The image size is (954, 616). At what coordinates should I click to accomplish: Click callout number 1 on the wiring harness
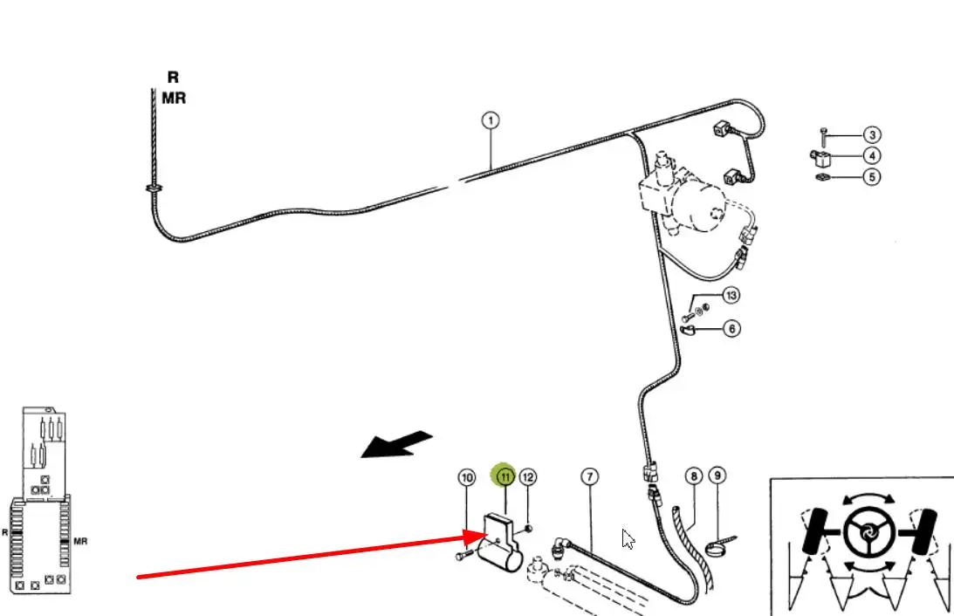[491, 120]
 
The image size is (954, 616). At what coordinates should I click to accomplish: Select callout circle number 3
[872, 135]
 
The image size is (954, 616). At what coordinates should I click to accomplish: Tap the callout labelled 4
[872, 156]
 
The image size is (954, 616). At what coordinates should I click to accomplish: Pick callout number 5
[872, 177]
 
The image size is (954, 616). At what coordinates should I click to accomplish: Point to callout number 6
[731, 329]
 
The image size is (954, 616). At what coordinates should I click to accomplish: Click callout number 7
[590, 476]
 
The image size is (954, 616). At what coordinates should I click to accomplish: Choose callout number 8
[693, 476]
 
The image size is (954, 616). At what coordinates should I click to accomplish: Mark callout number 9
[717, 476]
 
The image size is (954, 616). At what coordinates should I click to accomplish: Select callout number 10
[467, 477]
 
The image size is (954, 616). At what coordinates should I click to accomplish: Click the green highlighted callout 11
[504, 476]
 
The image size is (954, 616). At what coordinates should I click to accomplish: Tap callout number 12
[527, 476]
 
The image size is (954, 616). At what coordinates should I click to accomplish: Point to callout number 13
[731, 296]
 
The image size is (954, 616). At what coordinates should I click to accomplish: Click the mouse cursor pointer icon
[628, 538]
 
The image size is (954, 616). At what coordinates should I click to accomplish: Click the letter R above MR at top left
[173, 78]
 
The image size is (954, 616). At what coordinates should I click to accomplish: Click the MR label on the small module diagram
[80, 541]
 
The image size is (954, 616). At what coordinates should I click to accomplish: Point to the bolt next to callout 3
[823, 135]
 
